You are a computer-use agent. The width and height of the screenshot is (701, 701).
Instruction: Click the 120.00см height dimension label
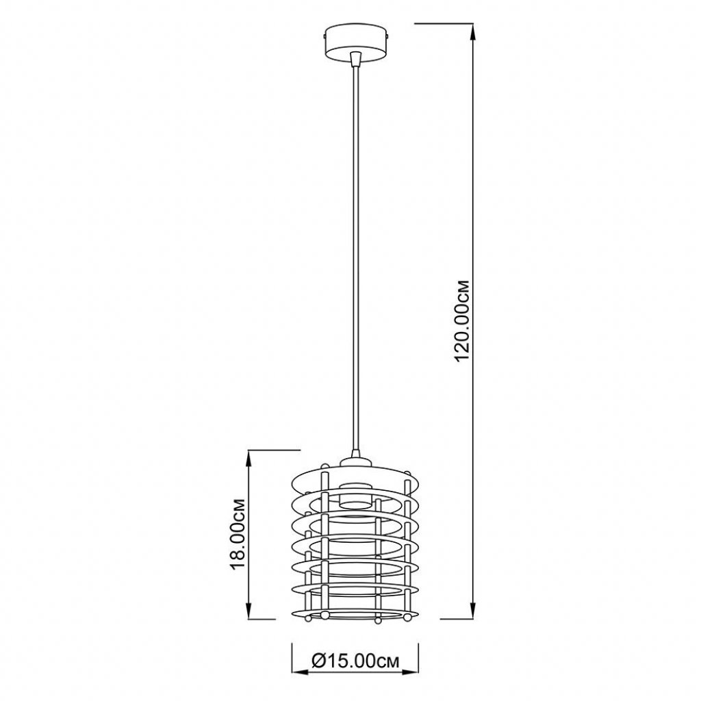[x=461, y=320]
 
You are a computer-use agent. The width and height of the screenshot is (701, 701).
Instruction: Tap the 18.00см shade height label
[x=237, y=534]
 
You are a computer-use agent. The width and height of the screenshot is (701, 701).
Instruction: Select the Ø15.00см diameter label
[x=355, y=661]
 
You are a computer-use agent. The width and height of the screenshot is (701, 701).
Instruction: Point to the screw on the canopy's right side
[x=389, y=34]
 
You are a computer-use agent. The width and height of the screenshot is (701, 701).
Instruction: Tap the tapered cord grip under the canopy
[x=355, y=58]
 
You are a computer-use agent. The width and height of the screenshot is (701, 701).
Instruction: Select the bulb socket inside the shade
[x=355, y=496]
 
